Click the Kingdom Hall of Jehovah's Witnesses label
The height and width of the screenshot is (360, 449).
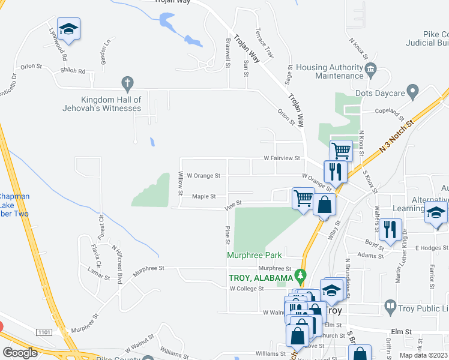pyautogui.click(x=112, y=104)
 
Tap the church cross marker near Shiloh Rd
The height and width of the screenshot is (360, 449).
pyautogui.click(x=127, y=82)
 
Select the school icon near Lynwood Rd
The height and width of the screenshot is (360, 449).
pyautogui.click(x=69, y=30)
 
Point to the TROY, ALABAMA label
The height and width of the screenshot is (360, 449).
pyautogui.click(x=261, y=278)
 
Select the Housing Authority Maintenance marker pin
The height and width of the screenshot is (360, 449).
pyautogui.click(x=370, y=69)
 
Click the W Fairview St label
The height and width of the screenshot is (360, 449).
pyautogui.click(x=282, y=158)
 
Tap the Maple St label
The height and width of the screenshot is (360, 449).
pyautogui.click(x=203, y=196)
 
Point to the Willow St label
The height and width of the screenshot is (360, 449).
pyautogui.click(x=181, y=183)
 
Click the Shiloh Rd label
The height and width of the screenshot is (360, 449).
pyautogui.click(x=73, y=71)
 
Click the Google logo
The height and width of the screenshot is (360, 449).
pyautogui.click(x=20, y=352)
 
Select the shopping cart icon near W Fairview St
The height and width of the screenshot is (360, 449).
pyautogui.click(x=341, y=150)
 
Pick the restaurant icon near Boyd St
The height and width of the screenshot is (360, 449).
pyautogui.click(x=390, y=229)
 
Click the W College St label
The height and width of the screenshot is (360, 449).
pyautogui.click(x=247, y=289)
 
